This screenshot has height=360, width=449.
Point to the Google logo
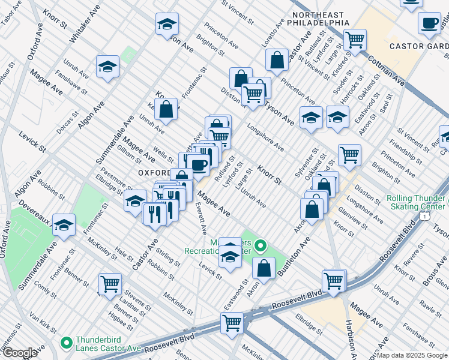(20, 353)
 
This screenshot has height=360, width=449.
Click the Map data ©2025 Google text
(412, 355)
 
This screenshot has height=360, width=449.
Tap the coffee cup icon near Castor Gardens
(429, 23)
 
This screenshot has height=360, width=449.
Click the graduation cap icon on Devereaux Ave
(64, 225)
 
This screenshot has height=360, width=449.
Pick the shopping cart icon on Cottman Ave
(355, 40)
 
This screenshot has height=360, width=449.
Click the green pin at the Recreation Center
(260, 245)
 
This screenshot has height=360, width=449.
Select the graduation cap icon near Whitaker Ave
(107, 66)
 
